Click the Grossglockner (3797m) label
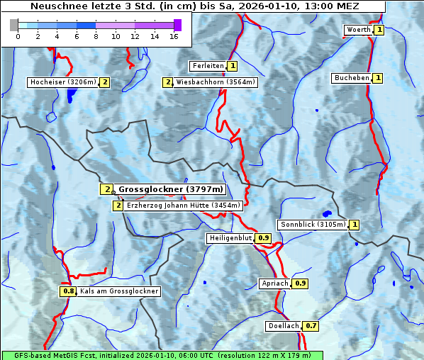coord(170,189)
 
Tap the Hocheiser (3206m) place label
coord(62,82)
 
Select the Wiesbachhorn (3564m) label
coord(216,82)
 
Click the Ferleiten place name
coord(208,66)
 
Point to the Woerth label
coord(358,30)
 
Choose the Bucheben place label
coord(352,78)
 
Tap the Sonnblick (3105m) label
coord(313,225)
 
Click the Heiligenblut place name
coord(230,238)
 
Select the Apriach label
coord(275,283)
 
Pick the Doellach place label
coord(284,326)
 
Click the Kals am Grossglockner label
coord(118,291)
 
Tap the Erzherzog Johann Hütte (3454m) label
coord(184,206)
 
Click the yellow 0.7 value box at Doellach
coord(311,326)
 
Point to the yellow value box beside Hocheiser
coord(104,82)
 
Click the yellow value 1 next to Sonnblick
coord(355,225)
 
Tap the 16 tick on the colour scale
coord(174,36)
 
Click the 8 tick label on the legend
coord(96,36)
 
